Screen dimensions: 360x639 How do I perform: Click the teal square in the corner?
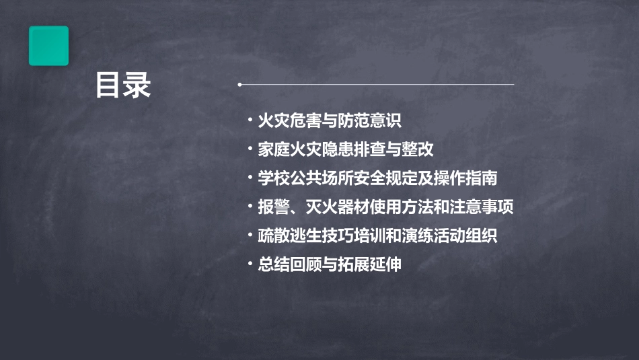(48, 46)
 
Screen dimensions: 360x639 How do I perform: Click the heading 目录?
(123, 85)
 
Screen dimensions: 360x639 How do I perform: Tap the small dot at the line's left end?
(240, 85)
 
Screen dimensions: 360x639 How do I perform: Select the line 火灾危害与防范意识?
(329, 121)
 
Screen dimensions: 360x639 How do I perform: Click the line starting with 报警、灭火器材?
(385, 207)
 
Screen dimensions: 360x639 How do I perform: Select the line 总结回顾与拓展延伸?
(329, 264)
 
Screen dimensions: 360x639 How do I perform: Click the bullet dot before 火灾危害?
(250, 122)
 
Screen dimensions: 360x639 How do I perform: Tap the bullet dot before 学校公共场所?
(250, 179)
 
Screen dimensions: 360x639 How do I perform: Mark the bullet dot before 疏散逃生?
(250, 236)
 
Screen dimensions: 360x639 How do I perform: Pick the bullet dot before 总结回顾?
(250, 265)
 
